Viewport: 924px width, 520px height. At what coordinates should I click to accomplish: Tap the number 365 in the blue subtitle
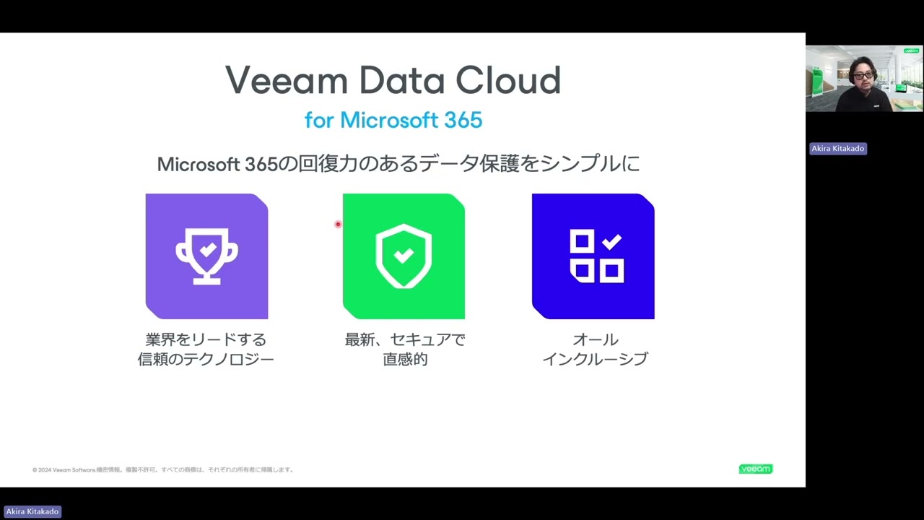pyautogui.click(x=462, y=120)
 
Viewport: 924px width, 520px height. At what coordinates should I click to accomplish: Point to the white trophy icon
pyautogui.click(x=206, y=256)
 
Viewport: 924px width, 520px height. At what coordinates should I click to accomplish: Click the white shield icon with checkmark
pyautogui.click(x=404, y=256)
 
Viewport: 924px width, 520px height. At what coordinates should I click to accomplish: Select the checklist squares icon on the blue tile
pyautogui.click(x=596, y=256)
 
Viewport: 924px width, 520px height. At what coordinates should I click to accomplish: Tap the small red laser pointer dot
pyautogui.click(x=337, y=224)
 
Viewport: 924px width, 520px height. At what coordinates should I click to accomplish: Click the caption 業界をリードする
pyautogui.click(x=206, y=339)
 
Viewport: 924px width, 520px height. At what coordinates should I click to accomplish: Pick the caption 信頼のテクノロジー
pyautogui.click(x=206, y=359)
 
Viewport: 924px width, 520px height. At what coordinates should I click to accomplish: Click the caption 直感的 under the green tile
pyautogui.click(x=405, y=359)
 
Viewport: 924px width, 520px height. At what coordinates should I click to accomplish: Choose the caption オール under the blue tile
pyautogui.click(x=595, y=339)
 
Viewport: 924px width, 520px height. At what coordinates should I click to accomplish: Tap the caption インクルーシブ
pyautogui.click(x=595, y=359)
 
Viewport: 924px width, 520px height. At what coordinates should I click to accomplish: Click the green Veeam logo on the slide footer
pyautogui.click(x=755, y=469)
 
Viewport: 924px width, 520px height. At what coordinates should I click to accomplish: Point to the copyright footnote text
pyautogui.click(x=163, y=470)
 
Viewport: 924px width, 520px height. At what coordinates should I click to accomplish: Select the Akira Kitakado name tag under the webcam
pyautogui.click(x=837, y=149)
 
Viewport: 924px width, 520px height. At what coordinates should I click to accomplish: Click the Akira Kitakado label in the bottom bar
pyautogui.click(x=32, y=511)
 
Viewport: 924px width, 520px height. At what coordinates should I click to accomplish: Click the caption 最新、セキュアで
pyautogui.click(x=405, y=339)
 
